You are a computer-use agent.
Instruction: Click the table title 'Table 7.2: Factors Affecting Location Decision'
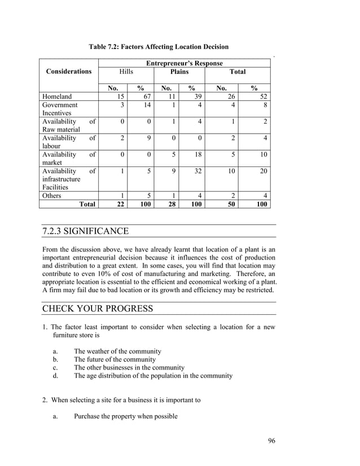pyautogui.click(x=159, y=46)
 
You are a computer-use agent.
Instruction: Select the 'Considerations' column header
pyautogui.click(x=69, y=72)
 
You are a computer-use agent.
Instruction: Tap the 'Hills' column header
pyautogui.click(x=126, y=72)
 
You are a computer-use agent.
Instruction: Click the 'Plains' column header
pyautogui.click(x=179, y=72)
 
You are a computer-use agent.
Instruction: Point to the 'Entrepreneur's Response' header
pyautogui.click(x=184, y=63)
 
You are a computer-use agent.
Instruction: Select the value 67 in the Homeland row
pyautogui.click(x=146, y=96)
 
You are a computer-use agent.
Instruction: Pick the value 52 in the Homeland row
pyautogui.click(x=263, y=96)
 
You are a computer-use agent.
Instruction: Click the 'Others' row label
pyautogui.click(x=52, y=196)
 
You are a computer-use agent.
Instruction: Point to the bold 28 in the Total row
pyautogui.click(x=170, y=204)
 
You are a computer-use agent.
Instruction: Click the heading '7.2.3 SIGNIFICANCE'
pyautogui.click(x=86, y=231)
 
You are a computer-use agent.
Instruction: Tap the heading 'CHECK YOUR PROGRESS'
pyautogui.click(x=97, y=309)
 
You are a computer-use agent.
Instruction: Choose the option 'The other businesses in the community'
pyautogui.click(x=129, y=367)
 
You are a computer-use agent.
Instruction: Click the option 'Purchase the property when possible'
pyautogui.click(x=125, y=416)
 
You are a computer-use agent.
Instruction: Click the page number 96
pyautogui.click(x=271, y=441)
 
